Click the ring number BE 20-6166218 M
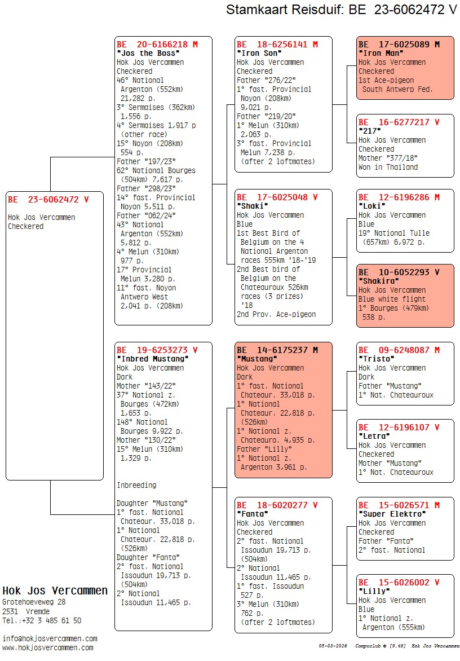click(x=157, y=44)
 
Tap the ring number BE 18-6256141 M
click(x=277, y=44)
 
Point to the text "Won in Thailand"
click(x=388, y=167)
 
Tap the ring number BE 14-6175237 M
click(x=277, y=350)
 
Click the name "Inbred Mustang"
click(x=152, y=359)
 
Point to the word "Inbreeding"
click(x=136, y=485)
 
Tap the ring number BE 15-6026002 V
click(x=399, y=582)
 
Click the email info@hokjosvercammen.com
click(x=50, y=638)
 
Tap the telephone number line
click(x=42, y=620)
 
